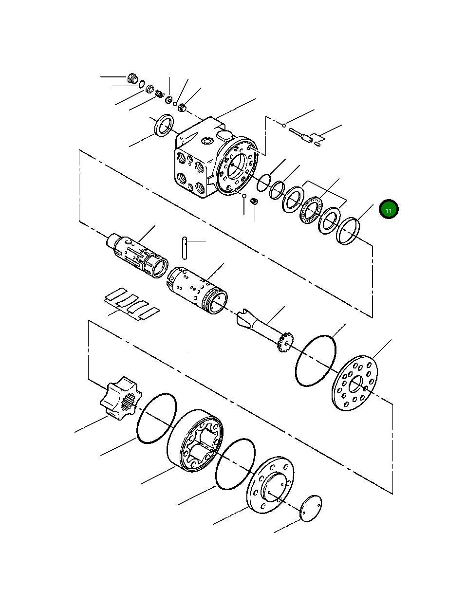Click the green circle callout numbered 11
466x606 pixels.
click(389, 210)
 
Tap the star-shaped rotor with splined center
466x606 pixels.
click(120, 398)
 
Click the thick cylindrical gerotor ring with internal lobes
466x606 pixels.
click(197, 441)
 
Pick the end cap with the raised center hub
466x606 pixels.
click(270, 484)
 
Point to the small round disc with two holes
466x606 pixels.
click(311, 509)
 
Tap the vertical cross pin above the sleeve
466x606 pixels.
click(185, 248)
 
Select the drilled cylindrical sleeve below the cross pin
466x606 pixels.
click(197, 291)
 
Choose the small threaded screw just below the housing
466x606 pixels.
click(254, 201)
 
